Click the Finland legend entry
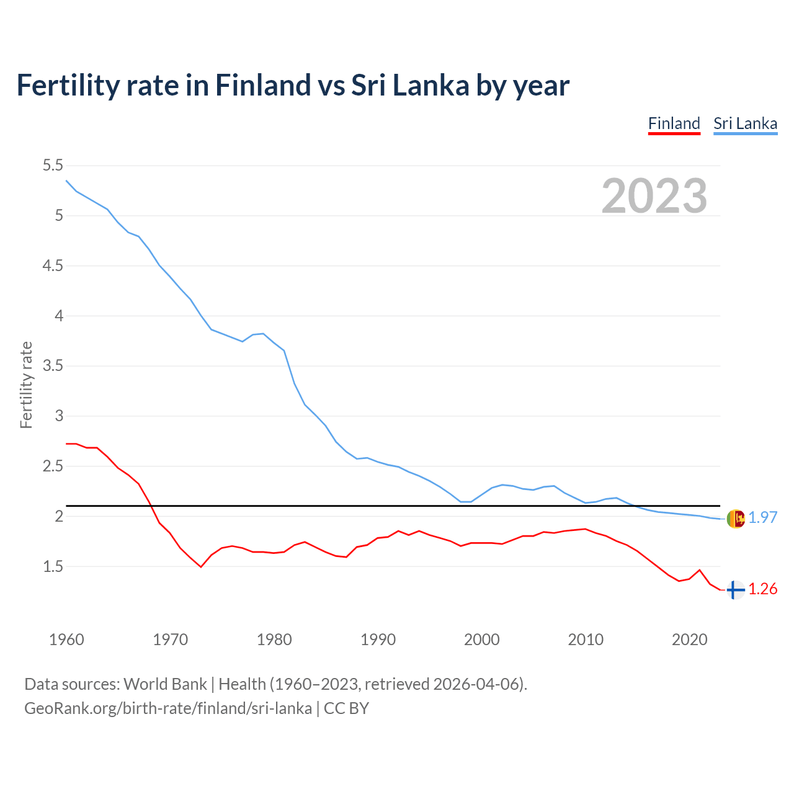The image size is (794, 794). pos(674,123)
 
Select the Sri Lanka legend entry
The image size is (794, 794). pos(745,123)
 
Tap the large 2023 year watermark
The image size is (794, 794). pos(654,196)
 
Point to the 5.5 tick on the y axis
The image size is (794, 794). pos(53,166)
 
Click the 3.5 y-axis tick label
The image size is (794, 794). pos(53,366)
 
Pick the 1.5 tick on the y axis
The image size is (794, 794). pos(53,566)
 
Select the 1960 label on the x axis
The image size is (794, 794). pos(66,640)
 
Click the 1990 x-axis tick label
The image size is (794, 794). pos(378,640)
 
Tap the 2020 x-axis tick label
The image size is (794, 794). pos(689,640)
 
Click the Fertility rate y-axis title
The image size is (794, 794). pos(26,385)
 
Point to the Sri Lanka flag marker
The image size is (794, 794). pos(735,518)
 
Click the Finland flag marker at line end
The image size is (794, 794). pos(735,590)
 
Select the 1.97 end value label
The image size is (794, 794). pos(762,517)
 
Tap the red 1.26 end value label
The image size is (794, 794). pos(762,589)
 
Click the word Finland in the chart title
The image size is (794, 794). pos(262,85)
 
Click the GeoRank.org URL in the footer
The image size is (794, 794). pos(167,708)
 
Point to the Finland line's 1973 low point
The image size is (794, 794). pos(201,566)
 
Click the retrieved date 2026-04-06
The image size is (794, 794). pos(476,684)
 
